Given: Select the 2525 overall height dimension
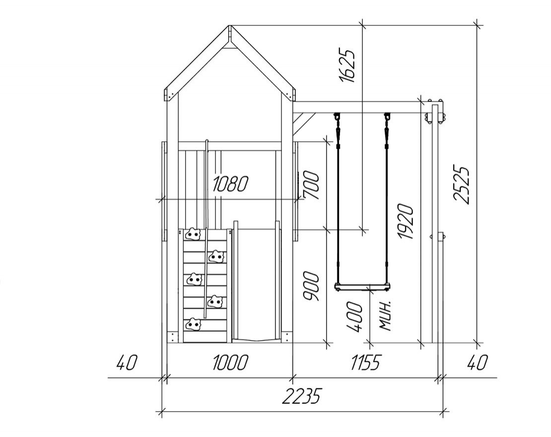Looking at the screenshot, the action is point(461,184).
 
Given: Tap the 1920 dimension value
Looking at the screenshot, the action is point(405,221).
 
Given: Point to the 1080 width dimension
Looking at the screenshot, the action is point(230,183).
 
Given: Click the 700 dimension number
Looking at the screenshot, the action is point(312,185).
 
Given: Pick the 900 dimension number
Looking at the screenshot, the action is point(311,286).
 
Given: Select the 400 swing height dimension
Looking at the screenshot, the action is point(354,316).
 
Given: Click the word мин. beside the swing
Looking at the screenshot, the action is point(386,316).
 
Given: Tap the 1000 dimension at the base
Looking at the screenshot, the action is point(230,362).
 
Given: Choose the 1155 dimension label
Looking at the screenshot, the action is point(365,362).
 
